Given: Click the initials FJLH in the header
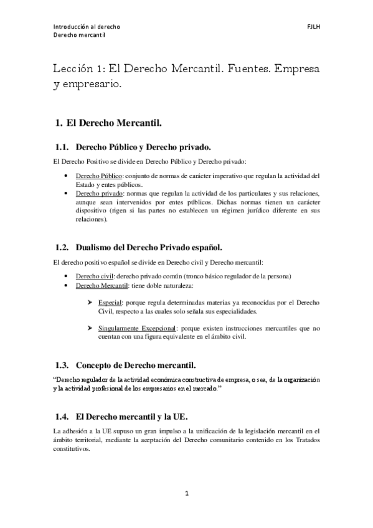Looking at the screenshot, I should pyautogui.click(x=313, y=27).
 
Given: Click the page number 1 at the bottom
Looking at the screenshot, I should pyautogui.click(x=186, y=493).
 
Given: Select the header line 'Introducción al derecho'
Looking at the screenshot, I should pyautogui.click(x=87, y=27).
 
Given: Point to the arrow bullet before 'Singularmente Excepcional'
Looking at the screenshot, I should pyautogui.click(x=91, y=328).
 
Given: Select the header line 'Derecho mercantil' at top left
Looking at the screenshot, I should pyautogui.click(x=78, y=36).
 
